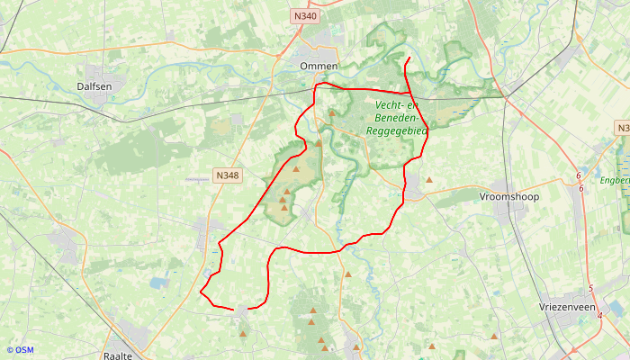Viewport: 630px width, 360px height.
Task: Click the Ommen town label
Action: coord(319,67)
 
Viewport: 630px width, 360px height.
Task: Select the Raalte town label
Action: coord(118,355)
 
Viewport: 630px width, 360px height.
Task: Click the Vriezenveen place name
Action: coord(567,307)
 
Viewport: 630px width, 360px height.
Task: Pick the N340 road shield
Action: coord(305,16)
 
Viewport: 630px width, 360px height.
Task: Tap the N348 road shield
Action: coord(227,175)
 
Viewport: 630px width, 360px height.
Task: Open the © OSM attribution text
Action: coord(20,350)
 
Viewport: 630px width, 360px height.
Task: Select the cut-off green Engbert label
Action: coord(622,179)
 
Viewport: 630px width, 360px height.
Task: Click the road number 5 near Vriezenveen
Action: coord(590,288)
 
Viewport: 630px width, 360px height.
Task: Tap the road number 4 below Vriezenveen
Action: coord(599,316)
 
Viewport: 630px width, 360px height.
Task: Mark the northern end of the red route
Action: coord(409,58)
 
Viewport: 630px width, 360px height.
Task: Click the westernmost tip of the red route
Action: coord(200,292)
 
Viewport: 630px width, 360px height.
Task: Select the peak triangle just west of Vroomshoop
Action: coord(429,180)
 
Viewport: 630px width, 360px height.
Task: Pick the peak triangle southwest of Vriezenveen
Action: coord(494,337)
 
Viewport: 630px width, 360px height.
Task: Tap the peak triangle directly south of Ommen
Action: coord(331,113)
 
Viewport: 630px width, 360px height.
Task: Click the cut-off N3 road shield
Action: coord(623,129)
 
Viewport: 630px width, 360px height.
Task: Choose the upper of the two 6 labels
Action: coord(579,175)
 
